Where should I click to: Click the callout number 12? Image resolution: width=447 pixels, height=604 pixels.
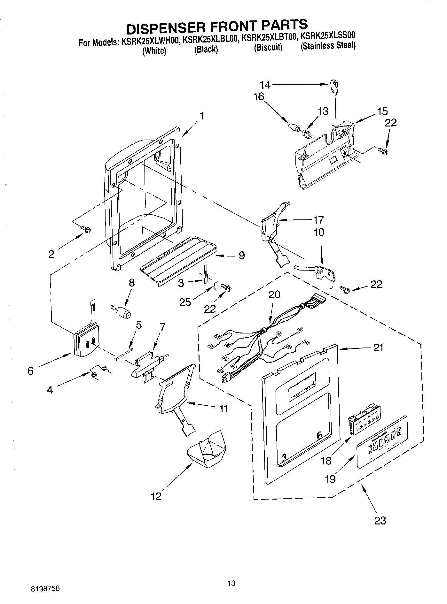[x=156, y=496]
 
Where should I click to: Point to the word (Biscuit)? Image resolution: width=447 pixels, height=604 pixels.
[x=268, y=48]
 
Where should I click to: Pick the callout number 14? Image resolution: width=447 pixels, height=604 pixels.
[x=265, y=85]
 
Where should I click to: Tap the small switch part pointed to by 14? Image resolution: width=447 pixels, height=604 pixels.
[x=334, y=87]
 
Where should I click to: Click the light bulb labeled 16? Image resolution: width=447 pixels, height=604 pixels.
[x=293, y=126]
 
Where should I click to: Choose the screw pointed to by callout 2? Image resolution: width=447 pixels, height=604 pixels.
[x=86, y=229]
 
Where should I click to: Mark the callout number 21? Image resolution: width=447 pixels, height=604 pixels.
[x=378, y=348]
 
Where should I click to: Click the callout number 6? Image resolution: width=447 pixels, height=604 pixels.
[x=30, y=371]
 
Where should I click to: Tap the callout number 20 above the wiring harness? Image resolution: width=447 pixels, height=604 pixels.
[x=274, y=294]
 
